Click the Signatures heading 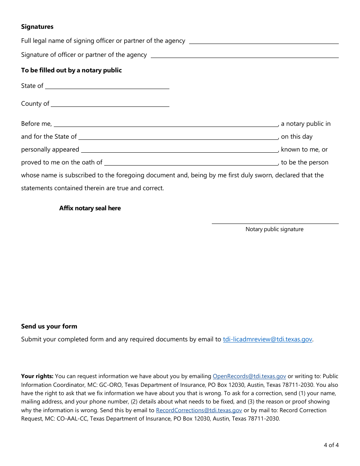[x=37, y=27]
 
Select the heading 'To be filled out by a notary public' [x=71, y=70]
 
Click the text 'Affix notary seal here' [x=90, y=208]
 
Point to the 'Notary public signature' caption [x=274, y=229]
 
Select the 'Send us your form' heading [x=49, y=326]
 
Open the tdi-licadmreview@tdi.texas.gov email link [x=267, y=339]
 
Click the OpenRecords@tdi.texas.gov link [x=249, y=376]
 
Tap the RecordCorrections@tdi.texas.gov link [x=199, y=410]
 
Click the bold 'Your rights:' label [x=37, y=376]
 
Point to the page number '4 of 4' [x=331, y=445]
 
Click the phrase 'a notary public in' [x=305, y=124]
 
